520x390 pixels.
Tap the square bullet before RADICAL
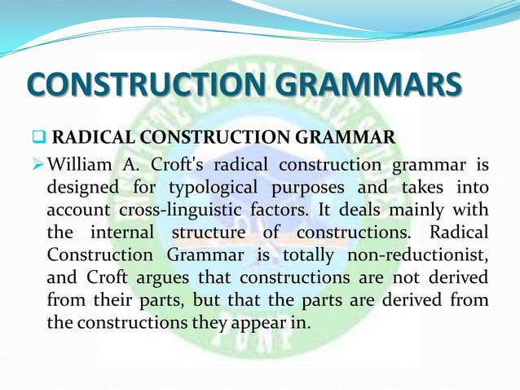click(x=38, y=135)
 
